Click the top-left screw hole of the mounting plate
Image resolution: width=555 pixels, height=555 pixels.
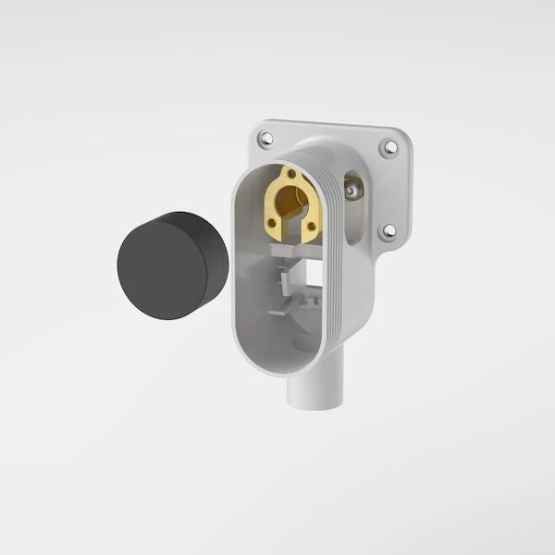click(266, 140)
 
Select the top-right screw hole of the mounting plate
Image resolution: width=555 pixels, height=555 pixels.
click(388, 146)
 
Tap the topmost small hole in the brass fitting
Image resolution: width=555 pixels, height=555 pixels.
click(291, 173)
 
